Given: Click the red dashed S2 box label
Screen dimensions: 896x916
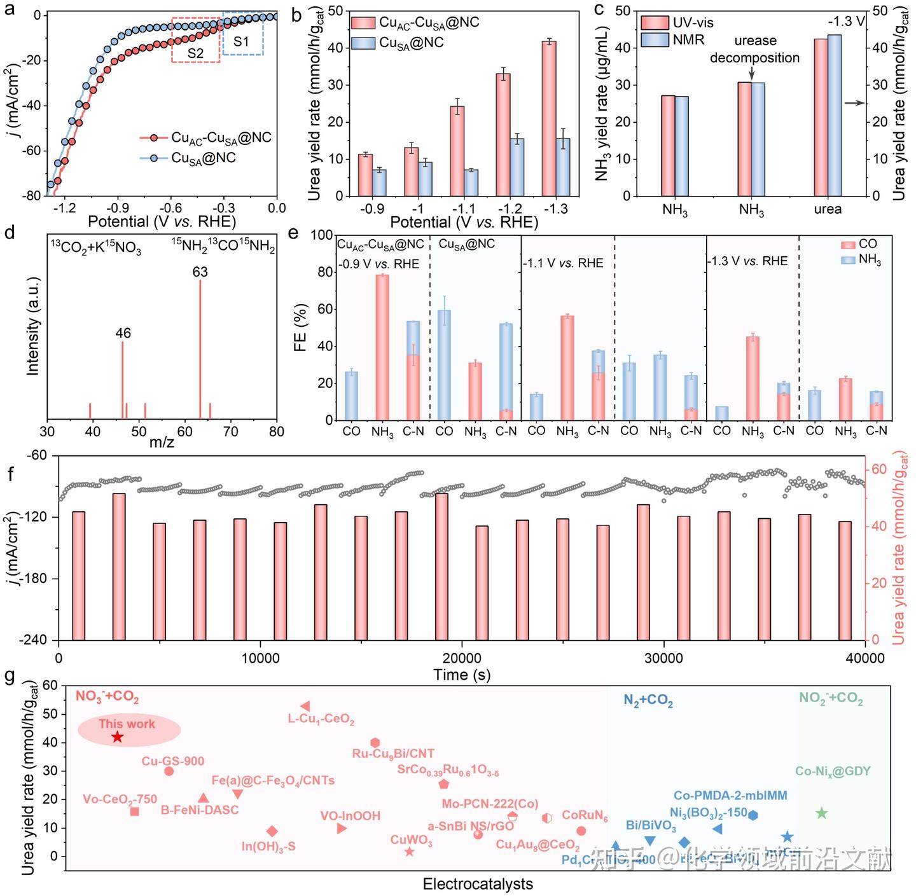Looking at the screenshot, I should pos(195,53).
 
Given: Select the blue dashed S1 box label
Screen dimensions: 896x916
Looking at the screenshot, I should pos(242,42).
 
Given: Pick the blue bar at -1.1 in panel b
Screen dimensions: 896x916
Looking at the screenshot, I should pos(472,183).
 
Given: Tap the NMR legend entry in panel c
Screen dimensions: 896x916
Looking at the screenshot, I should pos(674,40).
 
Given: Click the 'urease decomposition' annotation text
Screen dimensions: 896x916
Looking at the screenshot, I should pos(754,49).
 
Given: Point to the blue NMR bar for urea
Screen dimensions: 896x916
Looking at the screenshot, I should pos(835,115).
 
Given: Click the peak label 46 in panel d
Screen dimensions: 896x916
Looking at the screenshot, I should pos(123,333).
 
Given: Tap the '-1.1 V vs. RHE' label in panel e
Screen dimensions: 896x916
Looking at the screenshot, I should pos(563,263).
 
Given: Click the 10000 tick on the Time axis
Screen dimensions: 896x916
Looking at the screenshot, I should pos(261,658).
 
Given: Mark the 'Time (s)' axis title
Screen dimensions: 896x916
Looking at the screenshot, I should pos(462,675).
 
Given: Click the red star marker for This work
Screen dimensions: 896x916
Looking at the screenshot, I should pos(117,737).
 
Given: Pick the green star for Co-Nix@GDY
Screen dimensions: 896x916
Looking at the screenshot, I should pos(821,813).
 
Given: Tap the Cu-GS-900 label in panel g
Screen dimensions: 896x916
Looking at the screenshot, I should pos(173,761).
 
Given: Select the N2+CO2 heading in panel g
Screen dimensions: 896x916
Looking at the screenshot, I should pos(648,701).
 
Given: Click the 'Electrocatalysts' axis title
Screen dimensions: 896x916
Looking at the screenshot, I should pos(478,884).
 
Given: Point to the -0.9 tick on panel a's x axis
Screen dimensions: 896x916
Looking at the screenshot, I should pos(118,208).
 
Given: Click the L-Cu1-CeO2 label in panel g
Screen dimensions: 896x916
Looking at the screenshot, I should pos(321,719).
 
